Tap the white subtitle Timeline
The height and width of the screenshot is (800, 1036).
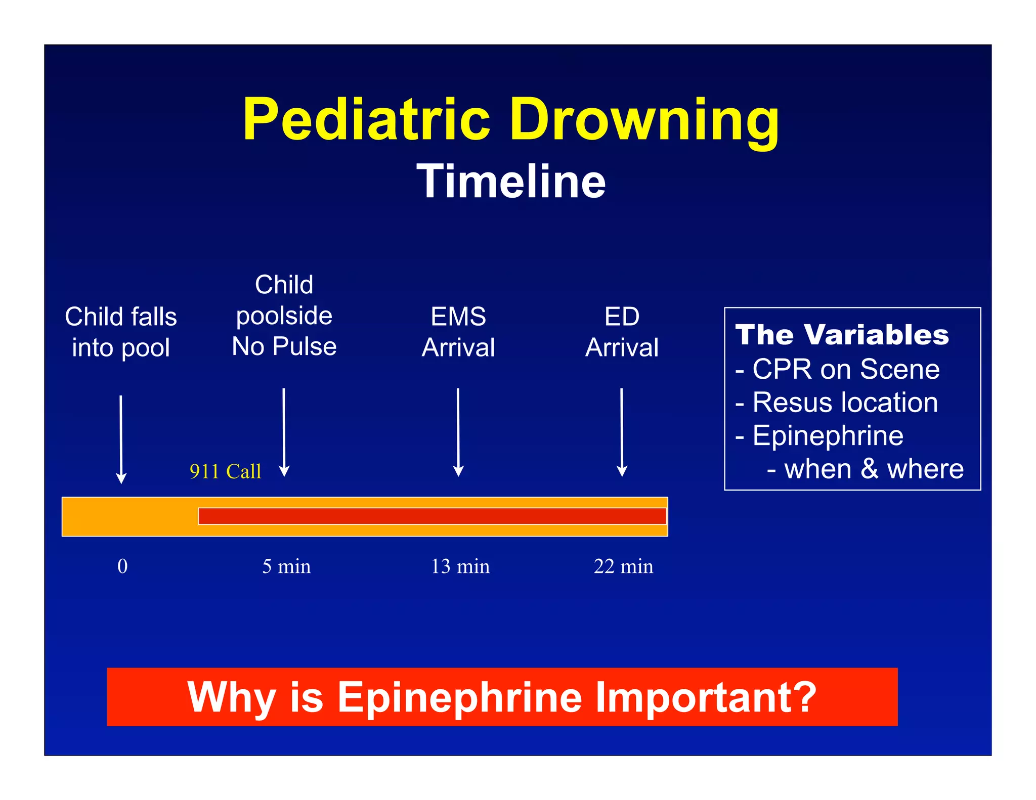click(511, 182)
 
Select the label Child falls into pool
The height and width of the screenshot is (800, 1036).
click(121, 332)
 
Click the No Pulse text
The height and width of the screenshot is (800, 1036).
click(284, 347)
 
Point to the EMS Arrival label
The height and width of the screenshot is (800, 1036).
click(458, 332)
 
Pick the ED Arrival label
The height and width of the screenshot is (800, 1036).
click(622, 332)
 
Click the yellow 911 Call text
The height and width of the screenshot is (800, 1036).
click(226, 471)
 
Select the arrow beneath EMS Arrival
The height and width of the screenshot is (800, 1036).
click(458, 432)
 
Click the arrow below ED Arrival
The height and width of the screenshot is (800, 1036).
click(622, 432)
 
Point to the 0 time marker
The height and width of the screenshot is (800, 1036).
click(122, 566)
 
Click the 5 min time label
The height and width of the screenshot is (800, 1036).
click(286, 566)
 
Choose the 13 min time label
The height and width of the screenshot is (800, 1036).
click(460, 566)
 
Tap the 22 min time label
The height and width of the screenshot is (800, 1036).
click(623, 566)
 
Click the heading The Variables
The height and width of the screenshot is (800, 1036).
click(842, 335)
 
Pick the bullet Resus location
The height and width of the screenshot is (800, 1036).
click(844, 403)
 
